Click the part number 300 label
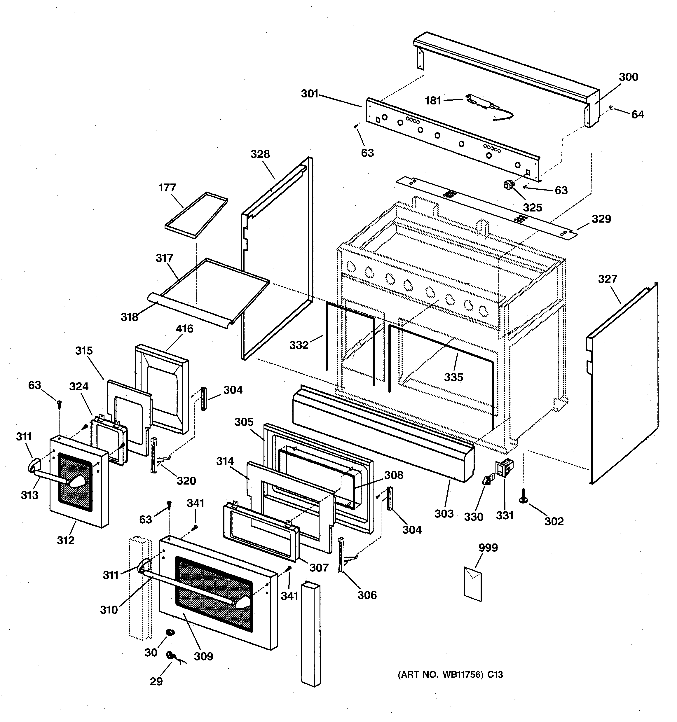628,77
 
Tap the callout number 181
433,101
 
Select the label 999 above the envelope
488,547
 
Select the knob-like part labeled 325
508,186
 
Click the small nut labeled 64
612,108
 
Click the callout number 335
453,377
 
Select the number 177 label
167,188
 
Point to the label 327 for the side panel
608,279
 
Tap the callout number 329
601,218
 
